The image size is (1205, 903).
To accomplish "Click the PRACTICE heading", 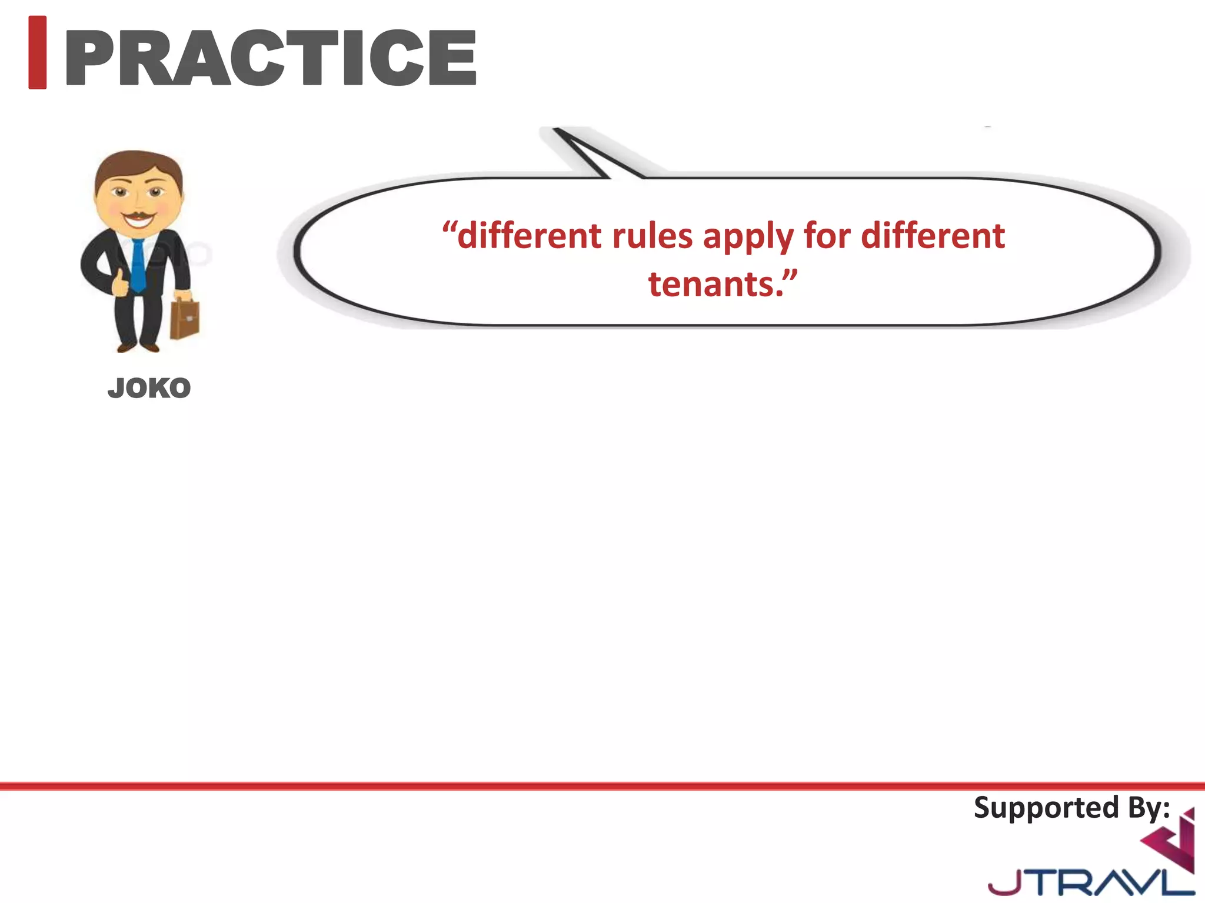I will [x=271, y=58].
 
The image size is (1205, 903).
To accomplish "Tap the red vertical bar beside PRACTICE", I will [x=38, y=53].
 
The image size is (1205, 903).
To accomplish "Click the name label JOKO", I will [x=149, y=389].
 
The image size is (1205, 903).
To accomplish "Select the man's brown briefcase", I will [x=185, y=319].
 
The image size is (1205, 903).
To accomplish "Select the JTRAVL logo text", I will [x=1089, y=882].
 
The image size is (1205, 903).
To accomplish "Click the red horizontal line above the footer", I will [x=602, y=786].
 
